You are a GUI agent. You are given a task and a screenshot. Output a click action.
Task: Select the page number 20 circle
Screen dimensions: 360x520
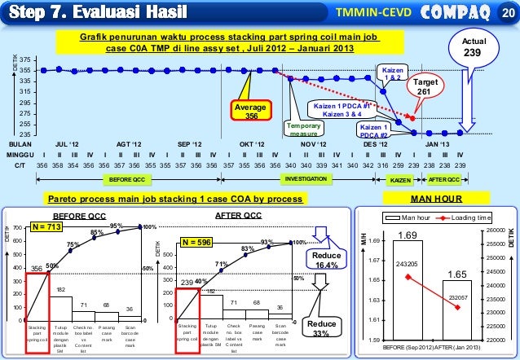pos(507,12)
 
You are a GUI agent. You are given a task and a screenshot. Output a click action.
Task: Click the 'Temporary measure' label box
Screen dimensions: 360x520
pos(305,130)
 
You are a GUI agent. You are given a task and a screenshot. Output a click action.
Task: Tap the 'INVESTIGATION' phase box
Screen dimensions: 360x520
pos(305,178)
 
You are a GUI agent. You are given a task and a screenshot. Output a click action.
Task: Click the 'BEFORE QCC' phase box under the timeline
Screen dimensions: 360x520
pos(127,178)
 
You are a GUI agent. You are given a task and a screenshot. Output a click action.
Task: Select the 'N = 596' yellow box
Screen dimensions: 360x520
pos(196,242)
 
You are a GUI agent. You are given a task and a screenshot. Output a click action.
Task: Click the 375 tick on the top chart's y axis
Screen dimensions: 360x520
pos(26,60)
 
